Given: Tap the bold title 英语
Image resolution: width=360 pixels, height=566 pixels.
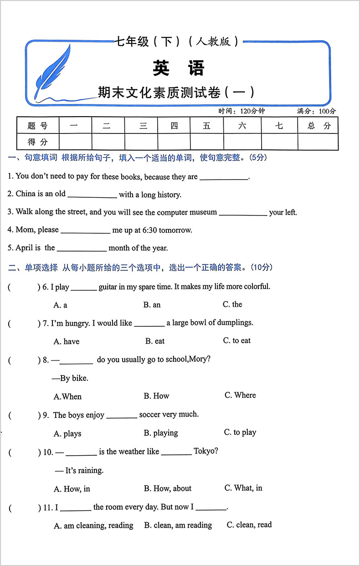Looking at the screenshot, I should (x=179, y=68).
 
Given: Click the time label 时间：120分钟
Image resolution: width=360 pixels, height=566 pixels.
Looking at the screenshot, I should (x=241, y=111).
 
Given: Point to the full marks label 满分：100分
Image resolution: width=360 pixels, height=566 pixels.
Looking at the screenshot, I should (x=316, y=111).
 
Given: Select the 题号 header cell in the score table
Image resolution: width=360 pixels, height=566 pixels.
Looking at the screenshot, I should (x=37, y=126).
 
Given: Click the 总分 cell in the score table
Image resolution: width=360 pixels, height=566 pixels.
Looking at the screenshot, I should (x=319, y=126).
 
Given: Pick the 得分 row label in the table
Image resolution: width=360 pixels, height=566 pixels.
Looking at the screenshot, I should (x=37, y=142).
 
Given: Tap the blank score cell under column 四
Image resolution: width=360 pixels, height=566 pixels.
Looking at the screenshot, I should (x=174, y=142).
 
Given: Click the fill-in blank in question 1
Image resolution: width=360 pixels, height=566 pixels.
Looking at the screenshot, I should (x=224, y=177).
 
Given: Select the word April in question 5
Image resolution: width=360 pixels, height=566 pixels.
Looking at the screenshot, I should (x=25, y=248).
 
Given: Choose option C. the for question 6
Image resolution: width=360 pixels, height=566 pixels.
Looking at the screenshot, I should (x=232, y=304).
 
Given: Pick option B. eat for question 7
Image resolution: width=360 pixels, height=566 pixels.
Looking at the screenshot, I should (x=155, y=341).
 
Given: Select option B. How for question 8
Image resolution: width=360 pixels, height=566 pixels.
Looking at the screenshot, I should (x=156, y=396).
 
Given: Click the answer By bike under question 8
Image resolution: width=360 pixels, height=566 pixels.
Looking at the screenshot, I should (x=70, y=378).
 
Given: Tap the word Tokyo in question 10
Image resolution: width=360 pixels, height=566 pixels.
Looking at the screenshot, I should (x=206, y=451).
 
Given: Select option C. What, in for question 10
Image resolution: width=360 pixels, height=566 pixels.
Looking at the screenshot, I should (x=243, y=488).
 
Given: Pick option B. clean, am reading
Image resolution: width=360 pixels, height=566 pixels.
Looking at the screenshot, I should (x=178, y=525).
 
